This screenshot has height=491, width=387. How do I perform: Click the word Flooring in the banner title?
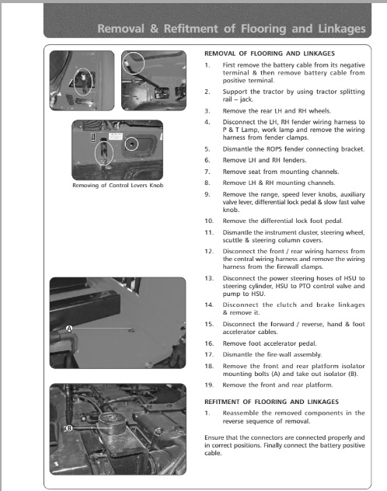pos(263,29)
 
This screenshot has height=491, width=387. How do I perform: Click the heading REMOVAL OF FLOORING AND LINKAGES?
pos(270,54)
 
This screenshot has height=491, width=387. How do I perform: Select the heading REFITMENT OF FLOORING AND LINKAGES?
pos(271,402)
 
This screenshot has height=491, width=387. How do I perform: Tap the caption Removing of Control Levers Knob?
pos(117,186)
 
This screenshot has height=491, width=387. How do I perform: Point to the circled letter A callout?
pos(69,329)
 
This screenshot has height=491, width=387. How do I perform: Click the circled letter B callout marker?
pos(69,428)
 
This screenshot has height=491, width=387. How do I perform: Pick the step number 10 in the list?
pos(209,221)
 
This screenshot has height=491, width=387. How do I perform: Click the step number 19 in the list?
pos(209,385)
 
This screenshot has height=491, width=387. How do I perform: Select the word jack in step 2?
pos(246,99)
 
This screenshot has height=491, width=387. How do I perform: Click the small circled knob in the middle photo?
pos(132,144)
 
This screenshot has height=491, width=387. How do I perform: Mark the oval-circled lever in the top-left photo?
pos(83,82)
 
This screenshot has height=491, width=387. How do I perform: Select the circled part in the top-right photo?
pos(134,63)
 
